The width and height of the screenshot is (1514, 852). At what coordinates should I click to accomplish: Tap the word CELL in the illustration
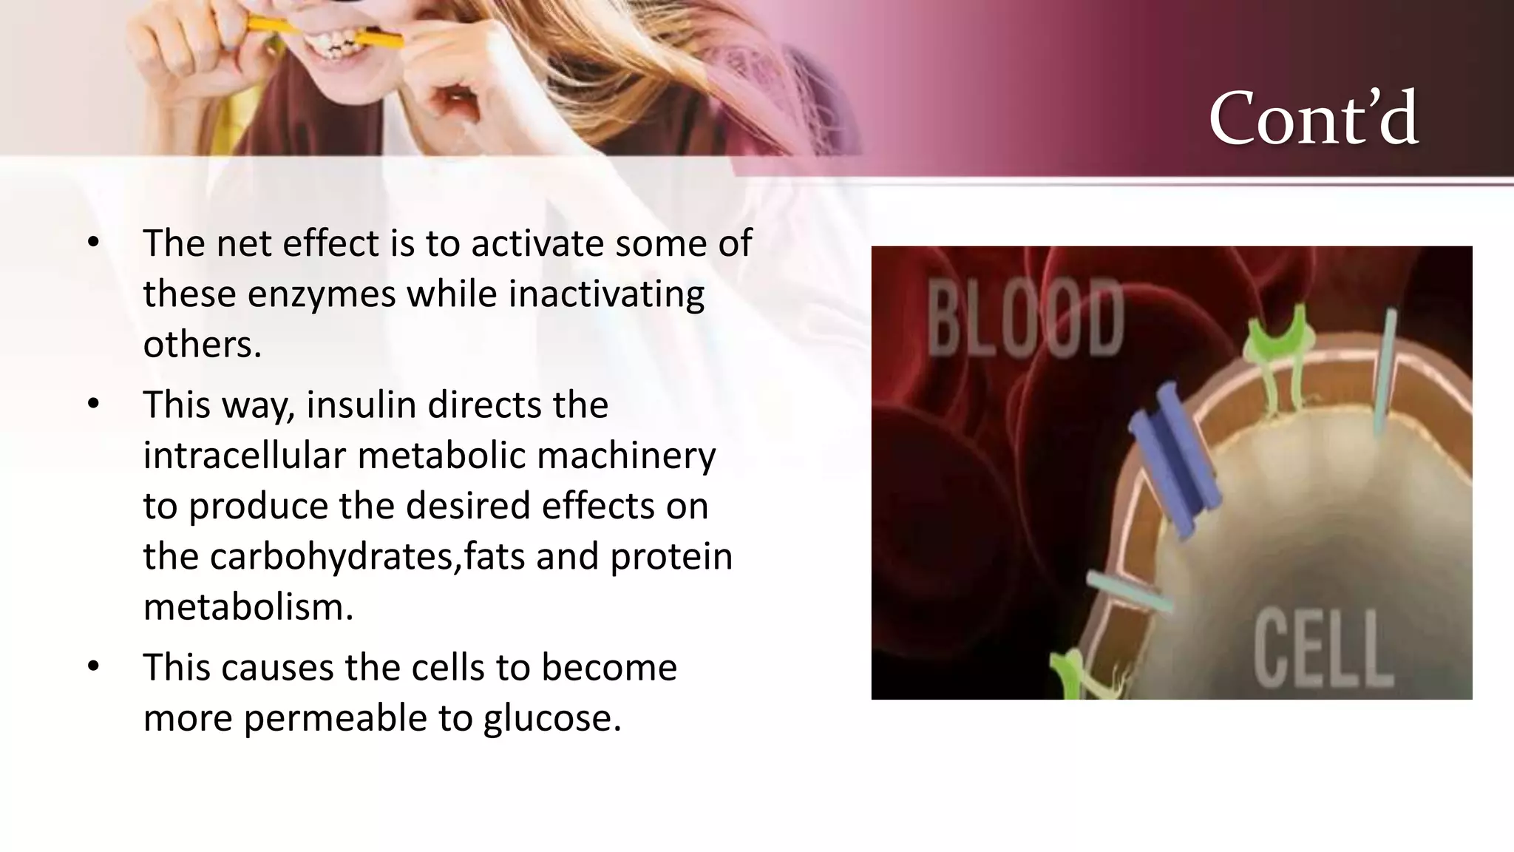[1323, 649]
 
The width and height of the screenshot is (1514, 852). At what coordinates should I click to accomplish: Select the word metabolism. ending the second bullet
[248, 607]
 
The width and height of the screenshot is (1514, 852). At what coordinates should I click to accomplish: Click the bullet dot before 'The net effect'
[92, 243]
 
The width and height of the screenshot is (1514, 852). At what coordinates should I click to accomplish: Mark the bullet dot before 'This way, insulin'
[92, 405]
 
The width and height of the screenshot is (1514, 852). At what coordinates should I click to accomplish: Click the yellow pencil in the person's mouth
[274, 30]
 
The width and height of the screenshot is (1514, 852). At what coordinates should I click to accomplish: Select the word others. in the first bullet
[202, 344]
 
